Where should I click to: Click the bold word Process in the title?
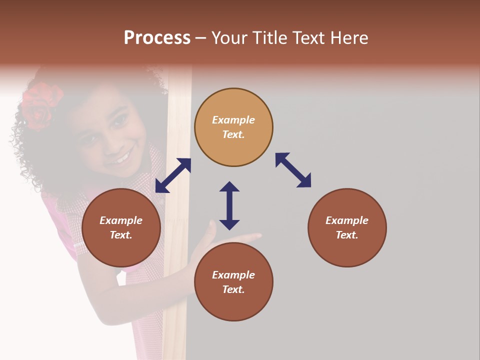157,38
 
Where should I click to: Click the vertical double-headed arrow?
229,205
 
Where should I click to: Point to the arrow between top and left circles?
173,175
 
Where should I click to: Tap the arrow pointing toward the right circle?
293,170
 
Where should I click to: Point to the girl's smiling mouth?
121,156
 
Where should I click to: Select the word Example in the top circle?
233,120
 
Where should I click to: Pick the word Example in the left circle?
121,220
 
